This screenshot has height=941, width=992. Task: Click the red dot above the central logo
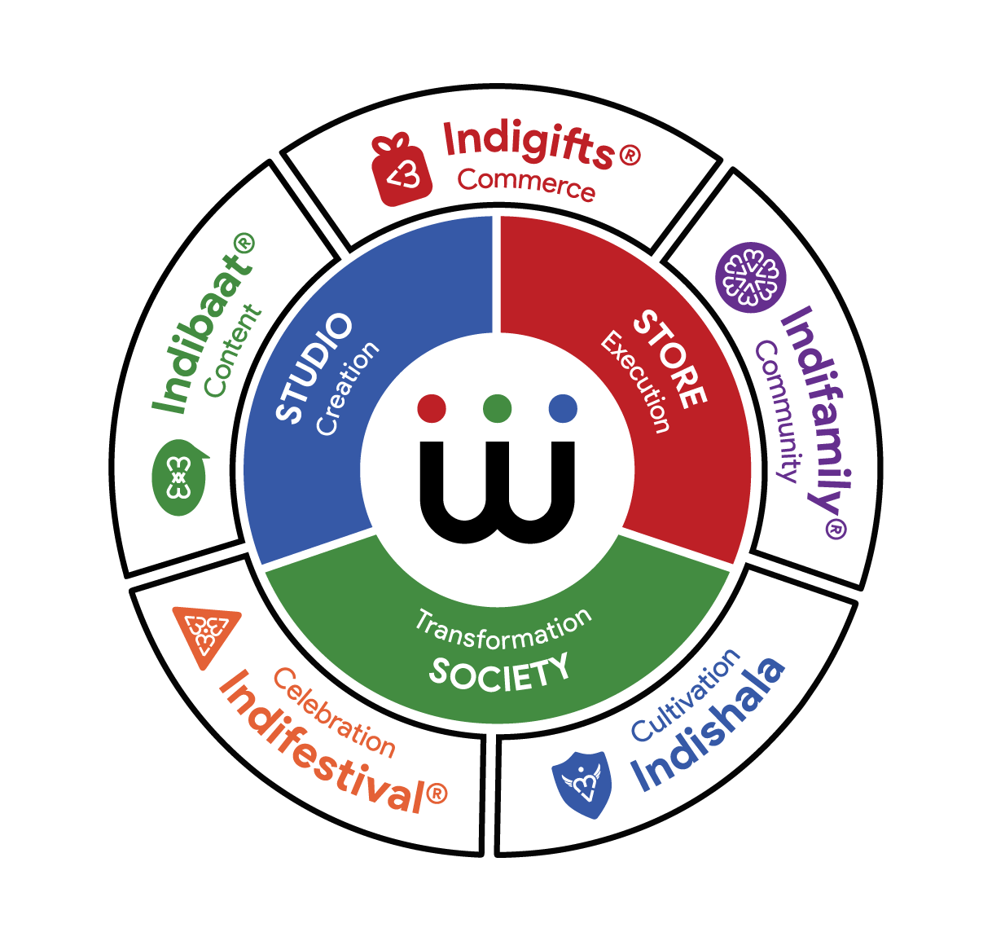coord(432,407)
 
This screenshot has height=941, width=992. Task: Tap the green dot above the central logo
coord(497,407)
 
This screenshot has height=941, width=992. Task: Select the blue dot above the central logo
coord(563,407)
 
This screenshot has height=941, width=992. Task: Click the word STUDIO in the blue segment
coord(314,367)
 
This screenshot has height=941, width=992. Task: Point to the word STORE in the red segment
coord(669,358)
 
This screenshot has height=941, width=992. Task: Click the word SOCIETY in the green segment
coord(499,672)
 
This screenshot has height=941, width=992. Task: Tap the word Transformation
coord(503,629)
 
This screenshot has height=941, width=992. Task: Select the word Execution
coord(636,381)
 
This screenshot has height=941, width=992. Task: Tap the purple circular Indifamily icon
coord(750,277)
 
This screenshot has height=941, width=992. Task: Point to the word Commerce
coord(525,183)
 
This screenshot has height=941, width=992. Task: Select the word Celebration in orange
coord(334,713)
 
